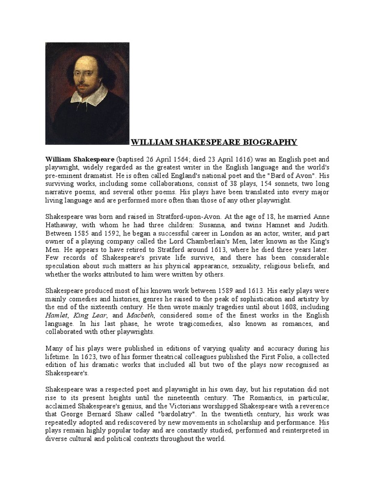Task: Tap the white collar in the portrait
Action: coord(89,95)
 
